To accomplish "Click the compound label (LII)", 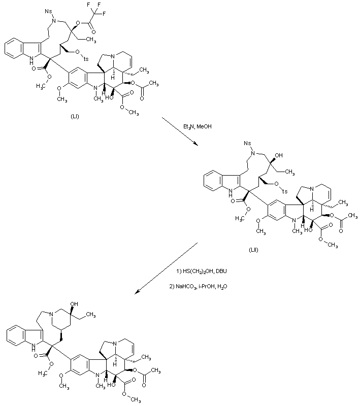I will pyautogui.click(x=253, y=249).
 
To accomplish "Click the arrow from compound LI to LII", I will pyautogui.click(x=181, y=131).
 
